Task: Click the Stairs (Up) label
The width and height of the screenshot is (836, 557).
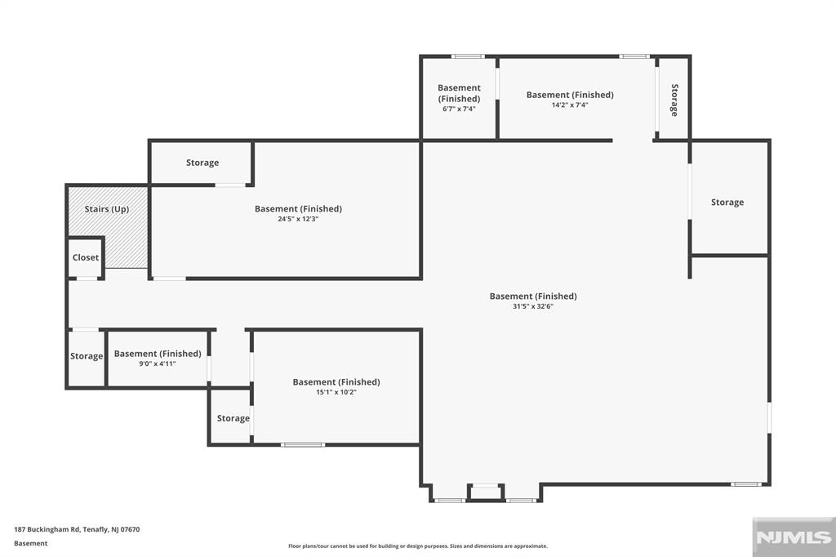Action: tap(107, 209)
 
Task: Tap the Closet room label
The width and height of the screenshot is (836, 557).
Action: tap(86, 257)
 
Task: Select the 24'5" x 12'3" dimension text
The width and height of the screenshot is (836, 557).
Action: tap(298, 219)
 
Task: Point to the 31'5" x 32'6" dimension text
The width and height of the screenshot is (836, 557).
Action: tap(533, 306)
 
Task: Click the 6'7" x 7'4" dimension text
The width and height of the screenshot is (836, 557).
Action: tap(459, 109)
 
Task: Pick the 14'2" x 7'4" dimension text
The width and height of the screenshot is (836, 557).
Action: tap(570, 105)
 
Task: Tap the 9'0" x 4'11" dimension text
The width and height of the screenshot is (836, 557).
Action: tap(158, 364)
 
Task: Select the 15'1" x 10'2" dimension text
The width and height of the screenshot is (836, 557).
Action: tap(336, 392)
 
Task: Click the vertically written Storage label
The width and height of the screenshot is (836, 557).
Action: tap(674, 100)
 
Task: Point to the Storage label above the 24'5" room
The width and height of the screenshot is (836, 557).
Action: tap(202, 163)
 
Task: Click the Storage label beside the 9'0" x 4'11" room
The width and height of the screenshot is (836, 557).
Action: tap(87, 356)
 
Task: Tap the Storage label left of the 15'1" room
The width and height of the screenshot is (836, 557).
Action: tap(233, 418)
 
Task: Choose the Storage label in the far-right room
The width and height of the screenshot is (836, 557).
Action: tap(727, 203)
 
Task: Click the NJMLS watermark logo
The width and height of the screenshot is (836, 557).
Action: tap(794, 537)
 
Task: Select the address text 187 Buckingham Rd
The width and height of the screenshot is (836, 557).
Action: tap(47, 530)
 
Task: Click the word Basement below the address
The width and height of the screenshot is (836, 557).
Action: tap(31, 544)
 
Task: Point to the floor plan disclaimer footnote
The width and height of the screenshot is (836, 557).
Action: tap(418, 546)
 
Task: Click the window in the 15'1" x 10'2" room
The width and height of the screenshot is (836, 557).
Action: tap(303, 444)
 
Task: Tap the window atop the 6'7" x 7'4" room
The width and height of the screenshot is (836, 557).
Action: tap(468, 56)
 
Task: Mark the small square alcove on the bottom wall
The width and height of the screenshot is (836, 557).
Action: tap(486, 492)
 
